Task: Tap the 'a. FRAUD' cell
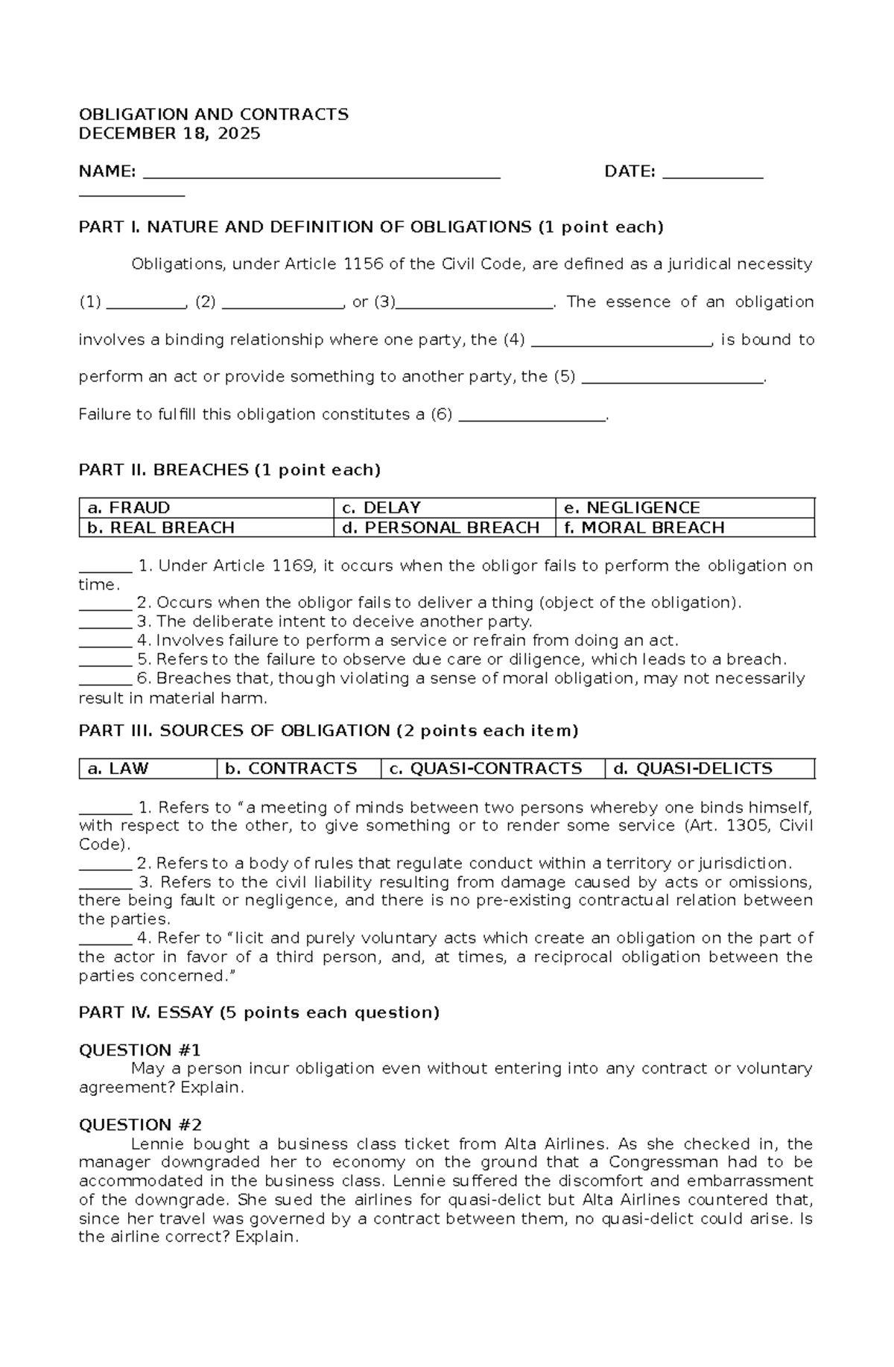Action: [206, 508]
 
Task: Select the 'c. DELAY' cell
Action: [444, 508]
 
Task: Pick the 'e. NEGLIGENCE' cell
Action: [685, 508]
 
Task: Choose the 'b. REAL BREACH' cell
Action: [206, 527]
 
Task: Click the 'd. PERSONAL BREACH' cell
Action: [444, 527]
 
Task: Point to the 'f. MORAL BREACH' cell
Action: [685, 527]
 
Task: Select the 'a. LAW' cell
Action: [148, 769]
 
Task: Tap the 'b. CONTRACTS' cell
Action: [298, 769]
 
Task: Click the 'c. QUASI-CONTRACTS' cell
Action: [492, 769]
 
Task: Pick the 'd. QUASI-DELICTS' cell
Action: [709, 769]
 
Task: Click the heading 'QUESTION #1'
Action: [140, 1050]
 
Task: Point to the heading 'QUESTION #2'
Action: [140, 1125]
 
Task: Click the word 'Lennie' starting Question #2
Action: [157, 1144]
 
